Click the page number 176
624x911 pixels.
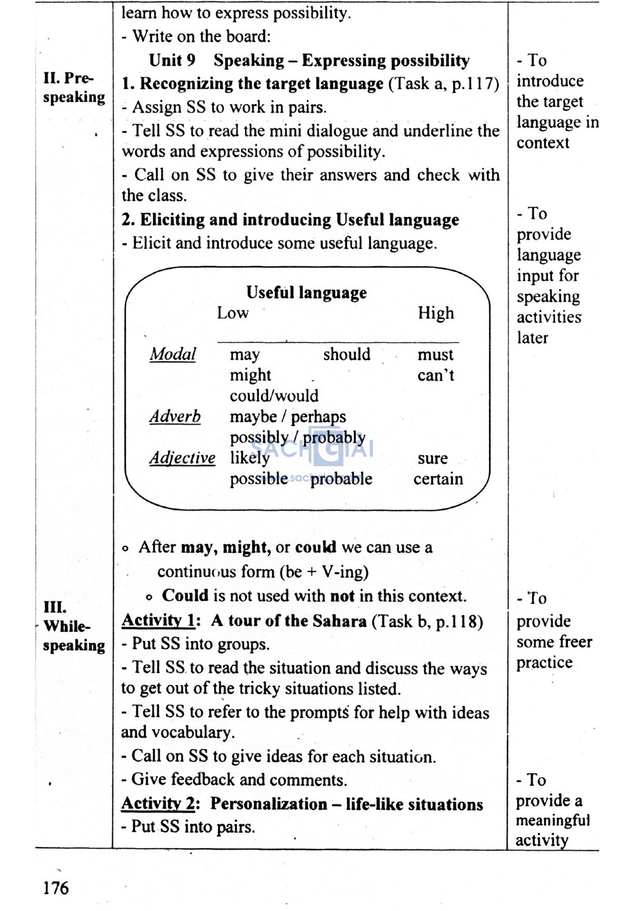coord(56,887)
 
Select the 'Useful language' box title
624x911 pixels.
coord(307,292)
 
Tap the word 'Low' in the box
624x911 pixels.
coord(233,313)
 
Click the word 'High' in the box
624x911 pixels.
coord(436,313)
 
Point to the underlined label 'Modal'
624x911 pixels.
coord(173,354)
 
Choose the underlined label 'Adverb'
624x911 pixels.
coord(175,416)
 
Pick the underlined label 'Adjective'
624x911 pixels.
coord(182,458)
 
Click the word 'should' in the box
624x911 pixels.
coord(347,354)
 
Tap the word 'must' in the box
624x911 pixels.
coord(435,355)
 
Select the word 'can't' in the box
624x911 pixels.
coord(436,375)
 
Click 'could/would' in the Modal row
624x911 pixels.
coord(274,395)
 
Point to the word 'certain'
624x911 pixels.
coord(438,479)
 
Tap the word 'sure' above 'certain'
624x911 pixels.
coord(433,458)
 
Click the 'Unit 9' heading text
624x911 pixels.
coord(172,60)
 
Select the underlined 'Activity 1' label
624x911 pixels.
coord(158,620)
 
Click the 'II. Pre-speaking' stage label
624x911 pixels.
coord(74,88)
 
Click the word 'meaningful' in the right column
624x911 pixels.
coord(553,820)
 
